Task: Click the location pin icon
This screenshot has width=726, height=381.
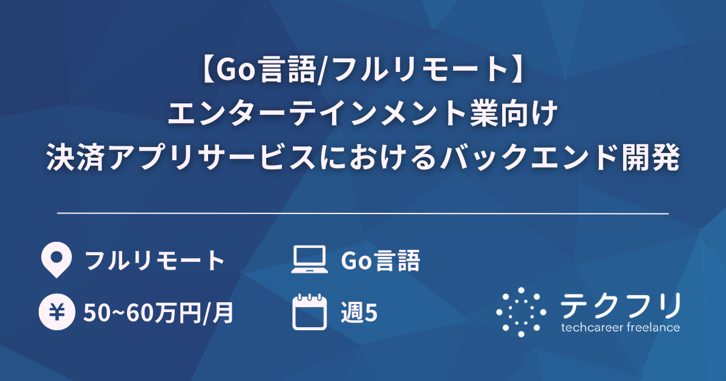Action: pyautogui.click(x=56, y=260)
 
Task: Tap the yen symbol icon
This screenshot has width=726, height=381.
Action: pyautogui.click(x=56, y=313)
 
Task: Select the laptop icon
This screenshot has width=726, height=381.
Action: pyautogui.click(x=309, y=260)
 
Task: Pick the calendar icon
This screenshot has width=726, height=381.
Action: pyautogui.click(x=309, y=312)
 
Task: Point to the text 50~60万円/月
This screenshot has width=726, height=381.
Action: pyautogui.click(x=159, y=313)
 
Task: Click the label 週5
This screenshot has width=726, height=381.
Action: pyautogui.click(x=359, y=313)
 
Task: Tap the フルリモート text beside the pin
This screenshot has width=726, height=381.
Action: pyautogui.click(x=155, y=261)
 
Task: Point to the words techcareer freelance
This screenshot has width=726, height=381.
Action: pyautogui.click(x=621, y=328)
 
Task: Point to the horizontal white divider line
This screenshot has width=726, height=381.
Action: pyautogui.click(x=363, y=213)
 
